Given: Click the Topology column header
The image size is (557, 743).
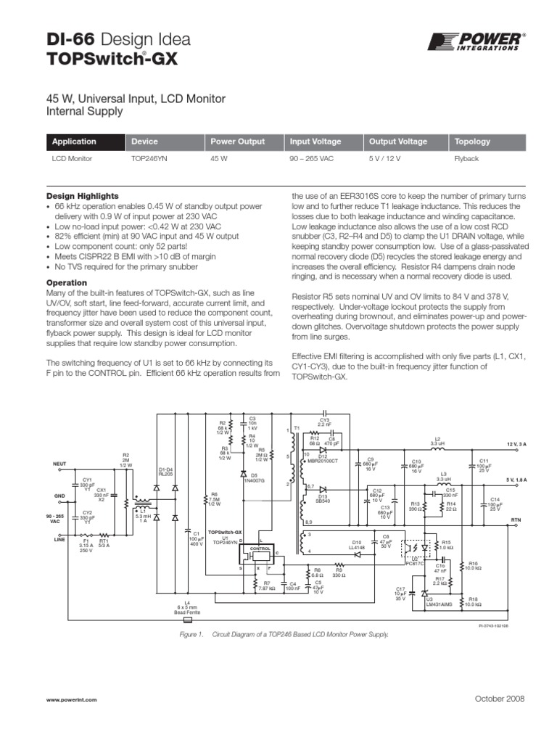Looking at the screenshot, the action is point(472,141).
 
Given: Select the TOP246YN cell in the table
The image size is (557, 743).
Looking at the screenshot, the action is point(149,157).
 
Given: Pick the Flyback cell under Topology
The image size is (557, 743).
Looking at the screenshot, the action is point(466,157).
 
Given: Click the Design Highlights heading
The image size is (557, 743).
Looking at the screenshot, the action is point(83,196).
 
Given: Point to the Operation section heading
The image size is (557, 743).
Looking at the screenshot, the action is point(67,282).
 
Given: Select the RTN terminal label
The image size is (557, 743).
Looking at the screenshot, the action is point(516,520).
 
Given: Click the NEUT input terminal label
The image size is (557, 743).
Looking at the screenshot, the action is point(59,462).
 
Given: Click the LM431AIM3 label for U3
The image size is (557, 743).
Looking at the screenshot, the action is point(439,603).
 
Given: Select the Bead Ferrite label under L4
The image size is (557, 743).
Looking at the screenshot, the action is point(187,612).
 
